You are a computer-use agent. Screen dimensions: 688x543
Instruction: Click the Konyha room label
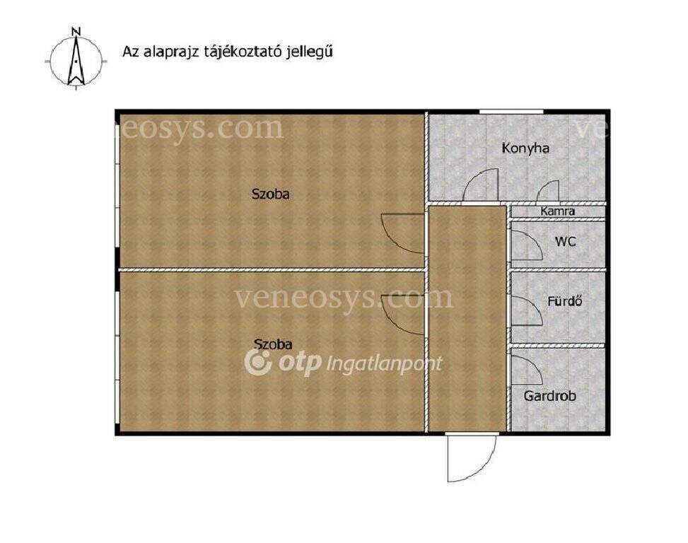(525, 148)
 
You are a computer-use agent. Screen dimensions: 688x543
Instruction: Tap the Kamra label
(557, 211)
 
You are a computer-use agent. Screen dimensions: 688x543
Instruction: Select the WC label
(565, 242)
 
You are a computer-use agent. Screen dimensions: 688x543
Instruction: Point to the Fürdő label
(565, 301)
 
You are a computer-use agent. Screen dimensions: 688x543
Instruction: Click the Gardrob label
(550, 396)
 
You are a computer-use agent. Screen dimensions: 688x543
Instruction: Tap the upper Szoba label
(270, 194)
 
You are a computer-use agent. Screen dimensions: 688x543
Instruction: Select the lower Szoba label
(273, 344)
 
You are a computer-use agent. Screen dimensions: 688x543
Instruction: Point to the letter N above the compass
(76, 31)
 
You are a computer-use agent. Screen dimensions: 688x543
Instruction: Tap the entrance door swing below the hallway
(471, 457)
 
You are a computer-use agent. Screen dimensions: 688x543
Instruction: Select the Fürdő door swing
(527, 311)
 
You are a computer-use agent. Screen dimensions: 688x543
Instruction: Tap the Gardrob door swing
(527, 370)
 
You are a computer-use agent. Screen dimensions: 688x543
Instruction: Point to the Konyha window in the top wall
(511, 112)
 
